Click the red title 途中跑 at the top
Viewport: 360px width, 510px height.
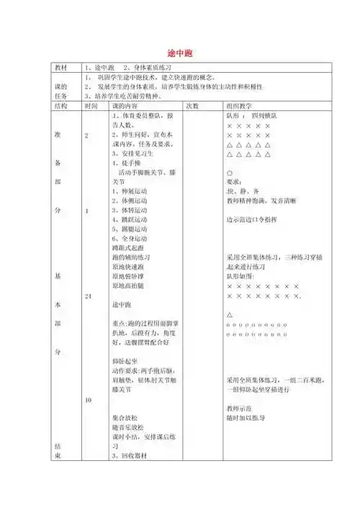[179, 53]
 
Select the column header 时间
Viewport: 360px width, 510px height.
[91, 105]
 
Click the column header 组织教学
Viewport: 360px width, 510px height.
[241, 105]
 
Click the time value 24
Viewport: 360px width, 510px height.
[89, 296]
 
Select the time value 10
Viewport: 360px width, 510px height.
[89, 400]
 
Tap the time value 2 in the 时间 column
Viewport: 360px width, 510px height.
[87, 135]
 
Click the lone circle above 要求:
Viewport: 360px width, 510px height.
[229, 173]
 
